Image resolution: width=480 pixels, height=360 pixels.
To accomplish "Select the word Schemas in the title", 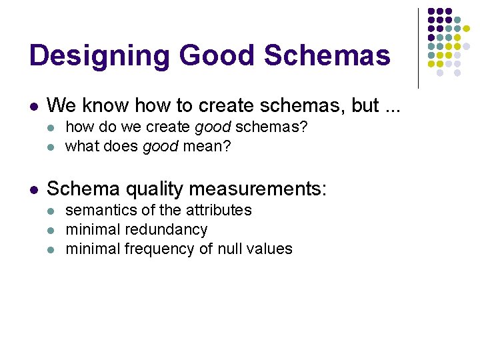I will click(327, 55).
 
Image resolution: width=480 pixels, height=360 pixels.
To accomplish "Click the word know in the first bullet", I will click(107, 105).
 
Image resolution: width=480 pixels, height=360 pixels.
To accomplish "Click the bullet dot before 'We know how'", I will click(33, 107).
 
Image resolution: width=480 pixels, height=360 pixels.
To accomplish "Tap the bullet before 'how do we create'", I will click(53, 127).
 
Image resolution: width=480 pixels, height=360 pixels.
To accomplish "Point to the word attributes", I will click(219, 210).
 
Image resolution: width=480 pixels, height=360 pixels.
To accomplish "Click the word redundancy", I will click(167, 229).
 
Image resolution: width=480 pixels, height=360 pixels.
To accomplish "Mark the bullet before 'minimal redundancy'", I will click(53, 231).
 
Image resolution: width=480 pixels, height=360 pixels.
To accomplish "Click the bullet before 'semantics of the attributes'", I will click(53, 211).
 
